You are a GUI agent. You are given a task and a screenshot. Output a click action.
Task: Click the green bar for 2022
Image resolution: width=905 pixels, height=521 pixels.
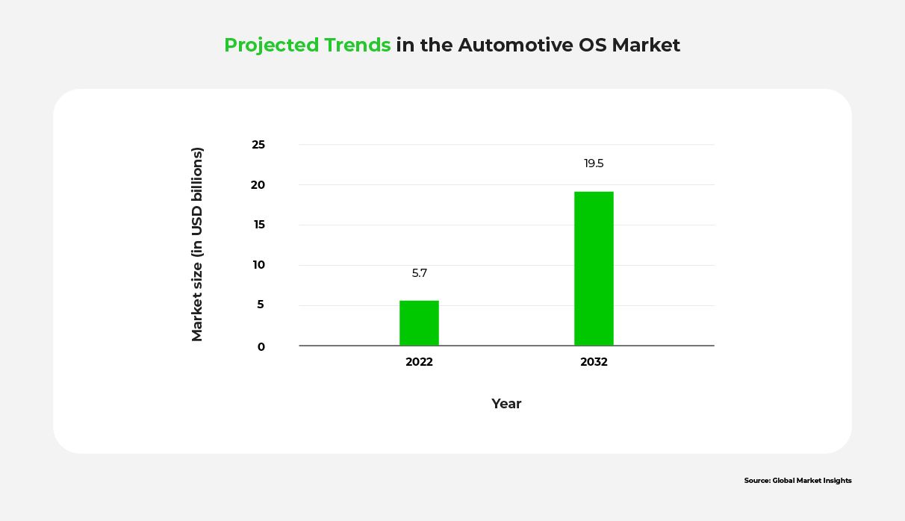(419, 323)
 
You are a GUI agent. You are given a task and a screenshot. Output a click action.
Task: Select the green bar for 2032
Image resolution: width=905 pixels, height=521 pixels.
(594, 269)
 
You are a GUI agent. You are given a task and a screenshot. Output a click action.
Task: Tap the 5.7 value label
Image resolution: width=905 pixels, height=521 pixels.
(420, 273)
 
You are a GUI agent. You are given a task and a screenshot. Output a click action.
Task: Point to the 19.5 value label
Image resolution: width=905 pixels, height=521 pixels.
(594, 163)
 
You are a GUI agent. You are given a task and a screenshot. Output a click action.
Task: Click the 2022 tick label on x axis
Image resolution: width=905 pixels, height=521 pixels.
(419, 362)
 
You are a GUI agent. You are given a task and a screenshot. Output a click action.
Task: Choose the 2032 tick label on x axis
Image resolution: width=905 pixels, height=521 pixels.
(594, 362)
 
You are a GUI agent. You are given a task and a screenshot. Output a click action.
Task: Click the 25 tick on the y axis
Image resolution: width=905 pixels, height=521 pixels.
(258, 145)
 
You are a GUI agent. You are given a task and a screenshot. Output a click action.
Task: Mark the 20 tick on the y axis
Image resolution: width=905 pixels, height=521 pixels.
(258, 185)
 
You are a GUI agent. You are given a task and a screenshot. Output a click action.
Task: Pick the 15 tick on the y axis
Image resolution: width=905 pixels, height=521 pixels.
(258, 225)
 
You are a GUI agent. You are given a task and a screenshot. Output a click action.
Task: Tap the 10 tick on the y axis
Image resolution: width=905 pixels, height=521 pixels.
(258, 265)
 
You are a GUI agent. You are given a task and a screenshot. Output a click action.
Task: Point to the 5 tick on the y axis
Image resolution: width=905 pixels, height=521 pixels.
(261, 305)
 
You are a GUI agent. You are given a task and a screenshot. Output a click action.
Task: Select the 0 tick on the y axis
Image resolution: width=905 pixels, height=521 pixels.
(261, 346)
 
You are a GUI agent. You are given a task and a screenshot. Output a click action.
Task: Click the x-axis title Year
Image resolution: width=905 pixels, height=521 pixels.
(506, 404)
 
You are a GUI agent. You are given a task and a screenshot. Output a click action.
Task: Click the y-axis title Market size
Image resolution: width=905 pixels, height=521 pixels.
(197, 244)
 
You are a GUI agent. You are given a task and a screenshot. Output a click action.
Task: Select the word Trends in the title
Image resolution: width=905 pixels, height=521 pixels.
(358, 46)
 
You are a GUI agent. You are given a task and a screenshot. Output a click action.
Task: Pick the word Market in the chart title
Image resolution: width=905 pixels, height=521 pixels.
(646, 46)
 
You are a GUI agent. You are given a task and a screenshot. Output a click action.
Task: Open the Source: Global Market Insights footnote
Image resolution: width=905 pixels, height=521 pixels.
(797, 481)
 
